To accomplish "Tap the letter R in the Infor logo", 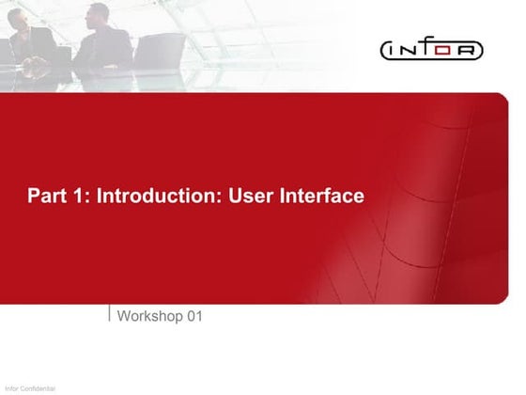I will tap(469, 49).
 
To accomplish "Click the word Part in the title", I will tap(45, 197).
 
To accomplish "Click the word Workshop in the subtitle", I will tap(149, 317).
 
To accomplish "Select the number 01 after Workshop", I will tap(193, 317).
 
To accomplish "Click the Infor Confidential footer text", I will tap(29, 388).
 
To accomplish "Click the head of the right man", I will tap(97, 14).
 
